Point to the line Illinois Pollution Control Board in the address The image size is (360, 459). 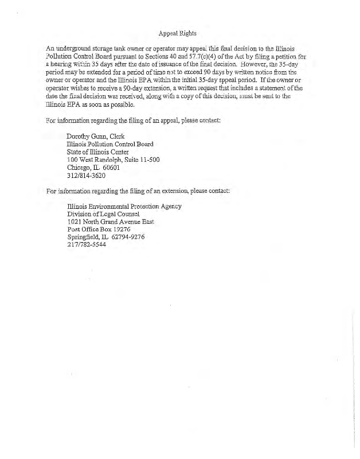point(110,144)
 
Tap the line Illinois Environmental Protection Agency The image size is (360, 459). point(124,206)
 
